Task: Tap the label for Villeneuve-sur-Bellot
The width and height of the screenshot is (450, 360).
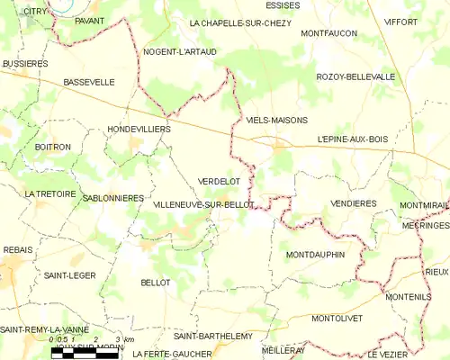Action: [x=203, y=205]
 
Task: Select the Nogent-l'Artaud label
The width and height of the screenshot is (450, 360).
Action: [x=180, y=52]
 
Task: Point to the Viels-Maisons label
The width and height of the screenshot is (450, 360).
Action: [x=276, y=120]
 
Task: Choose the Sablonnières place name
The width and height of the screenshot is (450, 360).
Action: [x=112, y=197]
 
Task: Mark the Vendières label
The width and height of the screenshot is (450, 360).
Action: [x=354, y=203]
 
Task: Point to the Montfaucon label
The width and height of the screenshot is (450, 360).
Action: [x=329, y=33]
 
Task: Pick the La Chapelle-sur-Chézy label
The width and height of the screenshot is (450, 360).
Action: [x=240, y=23]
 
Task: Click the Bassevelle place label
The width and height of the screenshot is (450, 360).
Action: [x=89, y=82]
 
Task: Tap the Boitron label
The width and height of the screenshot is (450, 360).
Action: [x=52, y=147]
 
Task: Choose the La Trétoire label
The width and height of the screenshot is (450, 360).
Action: [x=49, y=193]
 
